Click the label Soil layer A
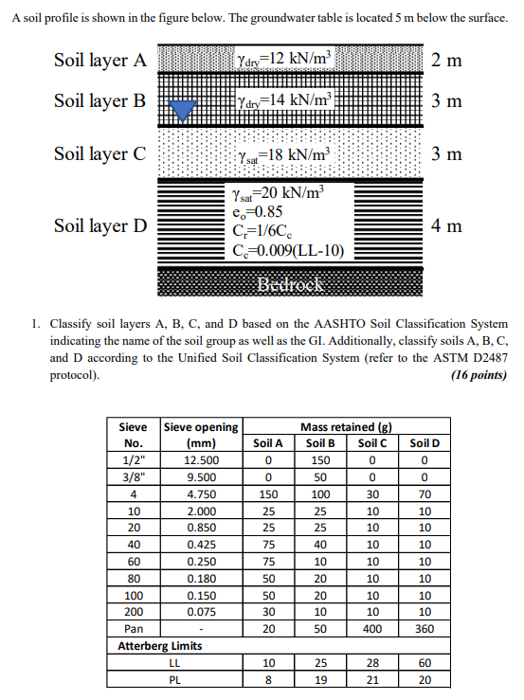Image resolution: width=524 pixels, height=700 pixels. tap(100, 61)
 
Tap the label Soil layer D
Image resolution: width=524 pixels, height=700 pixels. tap(100, 225)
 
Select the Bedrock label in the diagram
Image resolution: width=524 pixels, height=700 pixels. tap(292, 285)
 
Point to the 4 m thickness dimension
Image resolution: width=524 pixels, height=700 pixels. tap(445, 225)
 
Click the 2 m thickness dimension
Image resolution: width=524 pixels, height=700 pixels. tap(445, 61)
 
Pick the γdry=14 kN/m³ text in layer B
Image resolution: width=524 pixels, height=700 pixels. tap(284, 99)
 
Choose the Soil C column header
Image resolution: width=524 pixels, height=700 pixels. tap(372, 442)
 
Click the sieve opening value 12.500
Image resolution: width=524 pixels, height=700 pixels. tap(202, 459)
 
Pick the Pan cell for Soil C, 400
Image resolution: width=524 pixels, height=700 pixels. tap(372, 629)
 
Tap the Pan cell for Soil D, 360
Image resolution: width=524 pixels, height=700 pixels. tap(425, 629)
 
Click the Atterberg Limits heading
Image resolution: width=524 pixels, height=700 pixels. tap(159, 646)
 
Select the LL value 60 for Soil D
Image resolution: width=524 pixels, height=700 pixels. tap(425, 663)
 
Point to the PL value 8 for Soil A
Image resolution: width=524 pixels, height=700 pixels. tap(268, 679)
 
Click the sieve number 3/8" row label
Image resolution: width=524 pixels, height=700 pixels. tap(134, 476)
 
